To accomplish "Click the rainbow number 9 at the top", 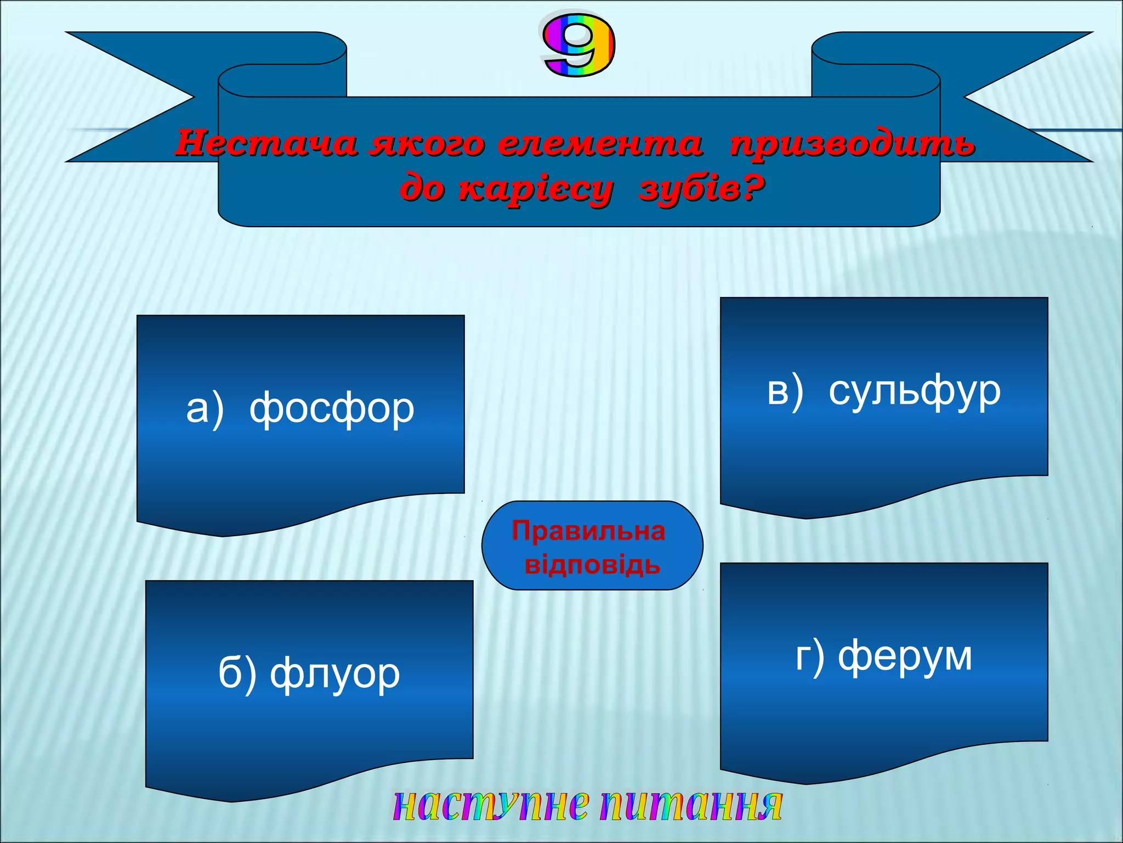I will [x=578, y=46].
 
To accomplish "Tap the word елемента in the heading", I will [x=600, y=144].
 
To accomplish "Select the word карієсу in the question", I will [x=535, y=189].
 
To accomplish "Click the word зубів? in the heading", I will [x=701, y=189].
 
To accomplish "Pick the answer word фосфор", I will [x=332, y=409].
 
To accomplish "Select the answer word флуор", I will [x=335, y=673].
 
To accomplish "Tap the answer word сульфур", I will [x=915, y=391].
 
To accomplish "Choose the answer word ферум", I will [x=905, y=656].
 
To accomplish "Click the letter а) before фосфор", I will [x=205, y=409].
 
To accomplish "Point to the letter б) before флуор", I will [x=237, y=673].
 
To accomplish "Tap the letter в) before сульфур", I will [x=785, y=391].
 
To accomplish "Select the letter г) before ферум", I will [x=810, y=656].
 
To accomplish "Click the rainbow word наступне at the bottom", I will [x=491, y=805].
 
